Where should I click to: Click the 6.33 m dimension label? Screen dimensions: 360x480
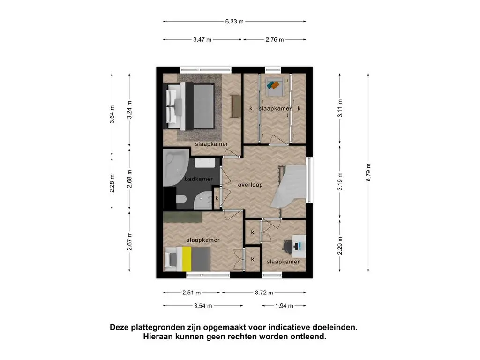(234, 21)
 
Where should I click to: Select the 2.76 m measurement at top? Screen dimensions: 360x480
(275, 40)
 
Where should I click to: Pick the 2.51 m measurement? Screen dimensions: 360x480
(191, 292)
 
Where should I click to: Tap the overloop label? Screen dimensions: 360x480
(250, 185)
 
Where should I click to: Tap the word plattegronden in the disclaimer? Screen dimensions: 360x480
(157, 327)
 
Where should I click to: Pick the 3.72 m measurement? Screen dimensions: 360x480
(263, 292)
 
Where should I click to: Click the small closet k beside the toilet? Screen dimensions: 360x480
(217, 198)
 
